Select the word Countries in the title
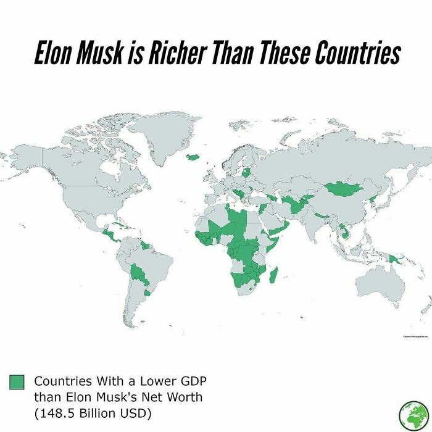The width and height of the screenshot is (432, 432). point(358,54)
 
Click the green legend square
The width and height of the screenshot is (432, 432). point(17,381)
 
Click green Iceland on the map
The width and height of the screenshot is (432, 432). point(192,157)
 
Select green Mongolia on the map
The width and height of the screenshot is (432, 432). point(342,189)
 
